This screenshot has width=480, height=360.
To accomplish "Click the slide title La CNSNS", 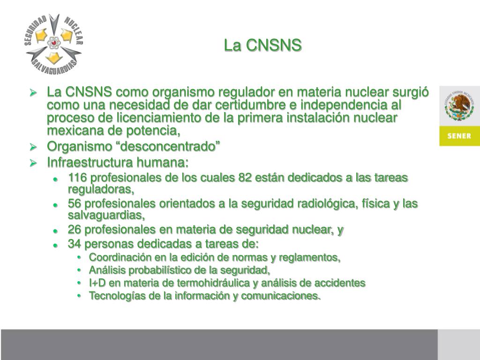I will (263, 45).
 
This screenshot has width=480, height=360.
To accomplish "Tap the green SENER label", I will (459, 136).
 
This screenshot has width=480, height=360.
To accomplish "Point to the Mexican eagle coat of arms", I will (459, 106).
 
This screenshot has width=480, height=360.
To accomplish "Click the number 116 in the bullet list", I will (77, 179).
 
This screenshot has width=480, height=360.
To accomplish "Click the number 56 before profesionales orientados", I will (74, 204).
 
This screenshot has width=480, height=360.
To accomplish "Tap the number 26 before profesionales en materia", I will (74, 230).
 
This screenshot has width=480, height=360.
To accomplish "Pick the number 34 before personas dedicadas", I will (74, 244).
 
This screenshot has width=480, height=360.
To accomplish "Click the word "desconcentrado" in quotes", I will (171, 147).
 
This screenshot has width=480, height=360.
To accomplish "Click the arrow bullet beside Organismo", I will (33, 147).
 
